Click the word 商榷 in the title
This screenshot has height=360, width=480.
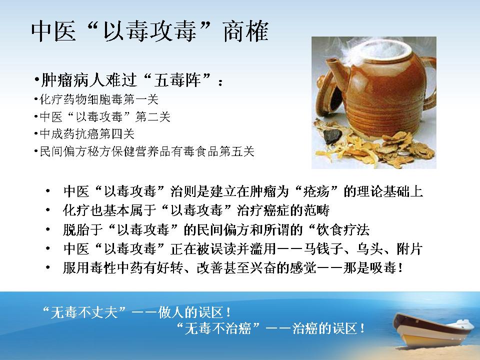pos(246,31)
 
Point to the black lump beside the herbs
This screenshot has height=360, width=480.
pos(331,135)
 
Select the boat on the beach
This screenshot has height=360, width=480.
pos(434,330)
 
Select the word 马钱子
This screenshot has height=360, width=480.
pos(323,249)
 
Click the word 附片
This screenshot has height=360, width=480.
pos(410,249)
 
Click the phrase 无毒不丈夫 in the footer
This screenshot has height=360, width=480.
pos(84,312)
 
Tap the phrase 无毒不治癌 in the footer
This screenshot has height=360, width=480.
pos(218,329)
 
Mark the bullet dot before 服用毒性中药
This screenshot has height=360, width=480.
pos(48,268)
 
